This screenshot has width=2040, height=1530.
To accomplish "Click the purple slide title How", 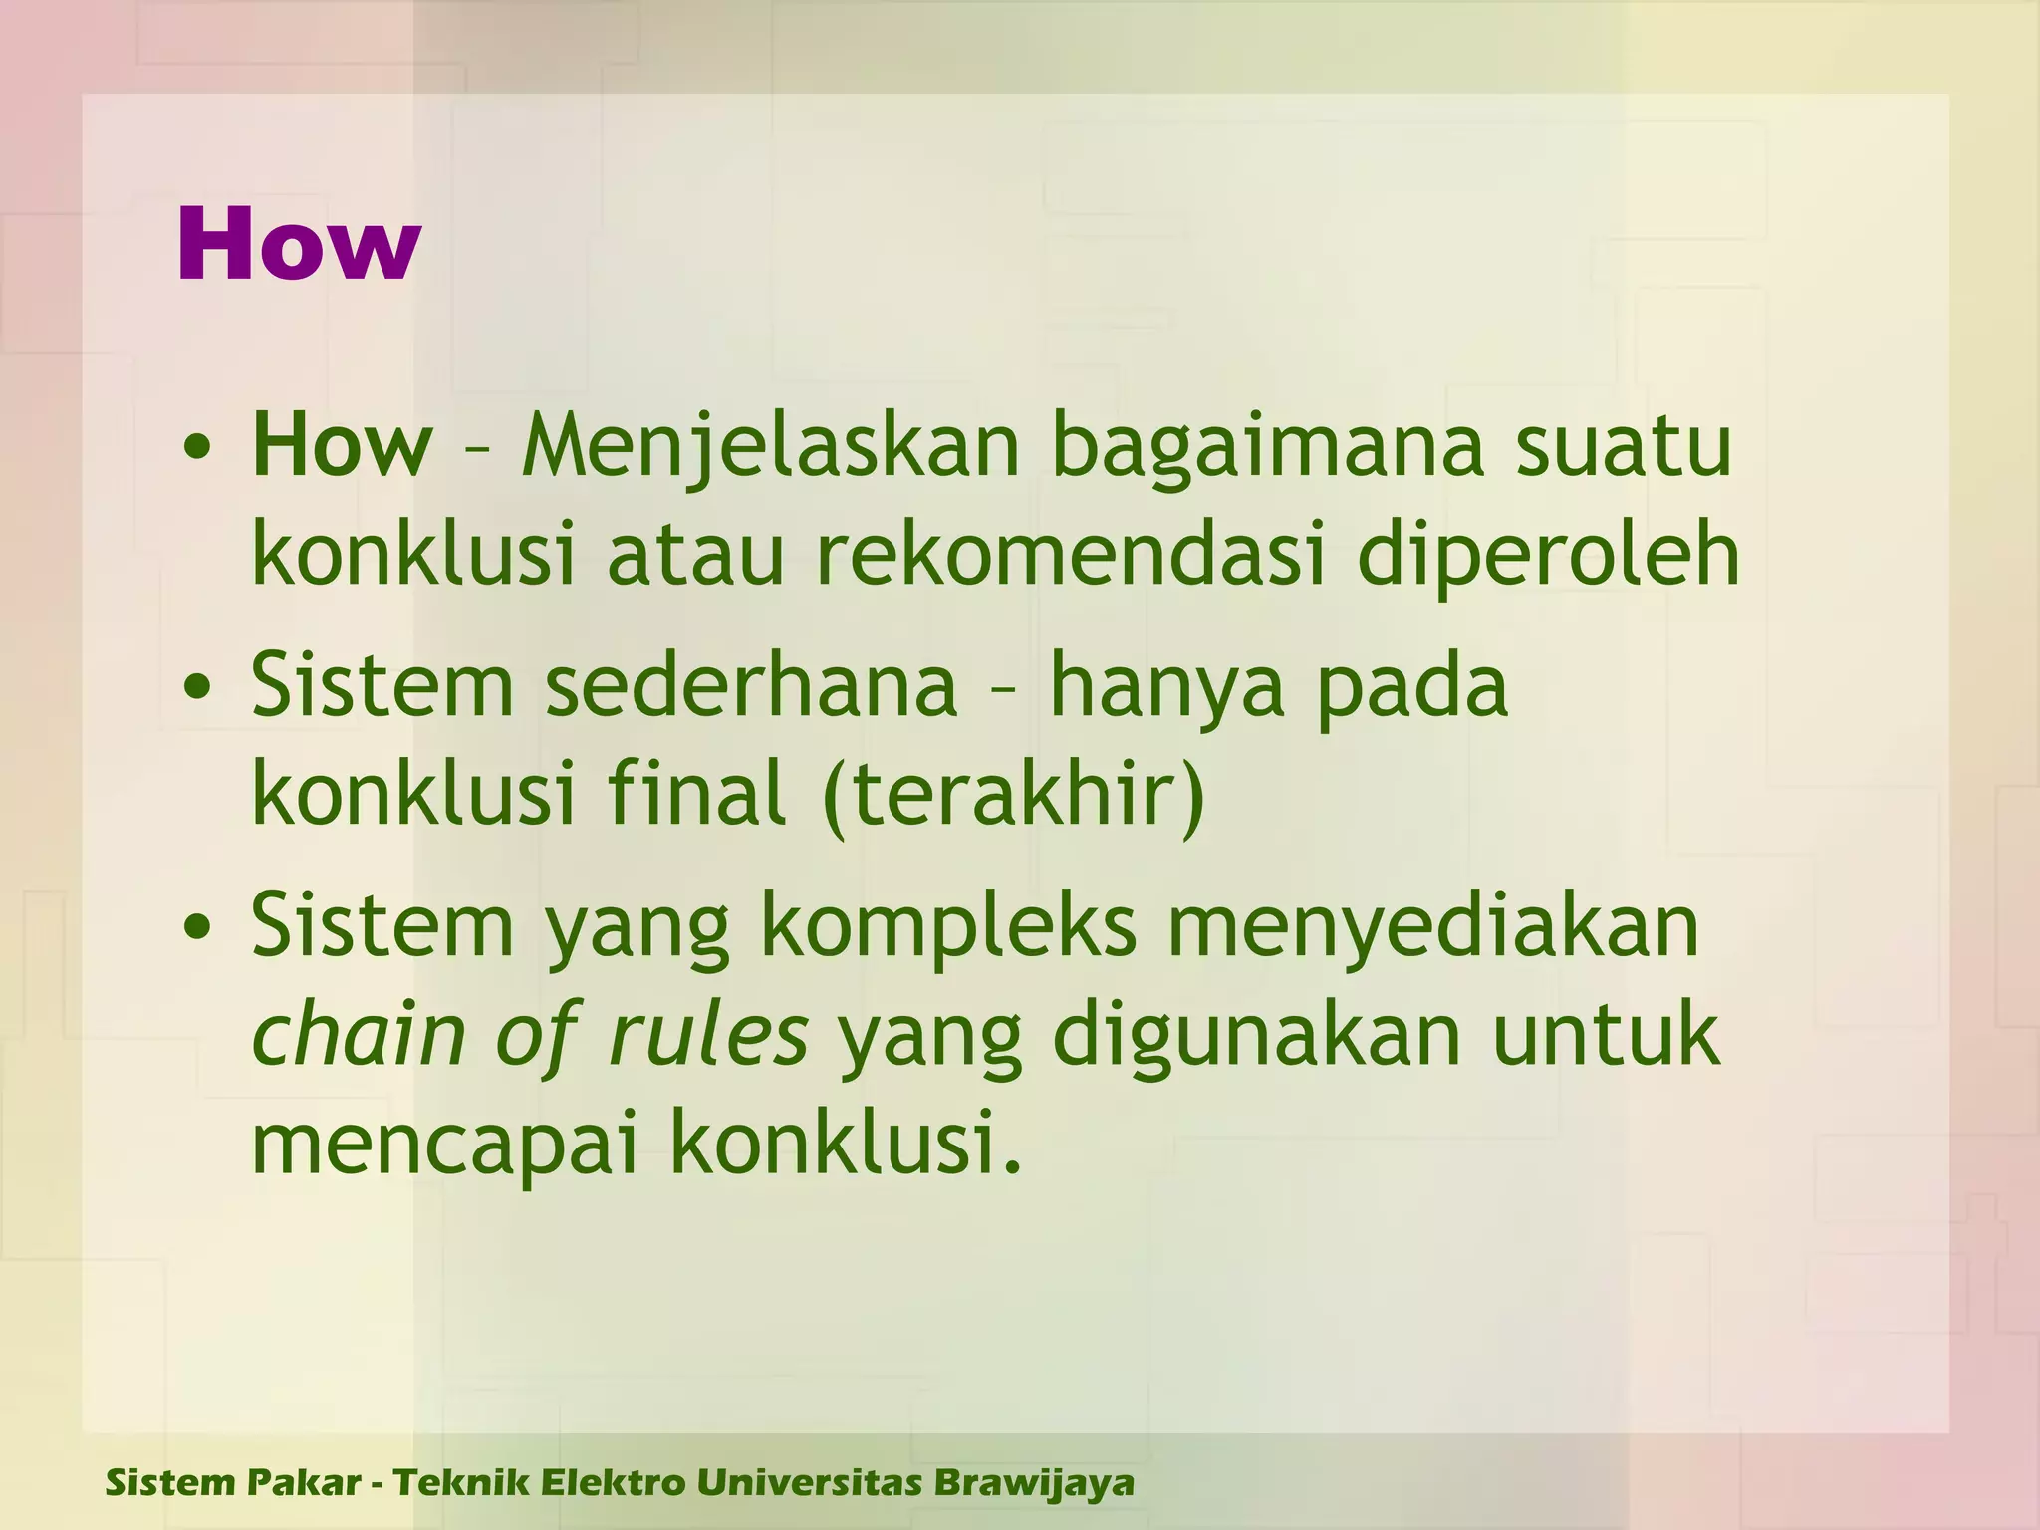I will [x=298, y=245].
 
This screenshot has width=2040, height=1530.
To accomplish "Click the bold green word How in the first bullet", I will [x=342, y=447].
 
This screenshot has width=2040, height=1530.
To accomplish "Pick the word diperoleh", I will [x=1547, y=558].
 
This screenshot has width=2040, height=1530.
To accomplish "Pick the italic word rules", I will [x=708, y=1036].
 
